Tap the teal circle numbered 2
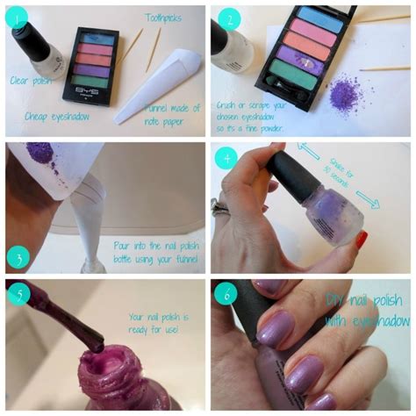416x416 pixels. (228, 18)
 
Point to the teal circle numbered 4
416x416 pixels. (228, 159)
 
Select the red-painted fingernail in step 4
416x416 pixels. (360, 239)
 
